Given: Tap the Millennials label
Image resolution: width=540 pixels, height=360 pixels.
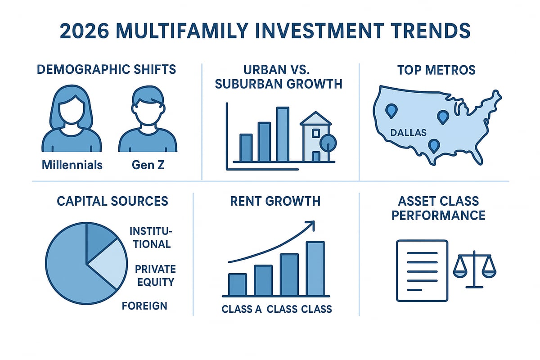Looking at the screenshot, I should click(x=72, y=165).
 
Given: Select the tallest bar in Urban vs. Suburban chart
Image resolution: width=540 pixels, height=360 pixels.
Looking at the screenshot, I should click(x=283, y=134).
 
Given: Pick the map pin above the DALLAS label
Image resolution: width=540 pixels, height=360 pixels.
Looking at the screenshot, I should click(x=392, y=110).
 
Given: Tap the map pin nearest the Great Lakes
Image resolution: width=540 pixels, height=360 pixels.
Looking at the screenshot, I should click(x=443, y=117).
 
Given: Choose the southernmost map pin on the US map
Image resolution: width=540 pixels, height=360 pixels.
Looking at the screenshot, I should click(x=434, y=146).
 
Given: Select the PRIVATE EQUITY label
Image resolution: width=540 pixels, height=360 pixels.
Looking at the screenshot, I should click(x=155, y=276).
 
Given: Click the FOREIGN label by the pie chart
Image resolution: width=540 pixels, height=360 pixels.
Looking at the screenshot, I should click(x=144, y=306).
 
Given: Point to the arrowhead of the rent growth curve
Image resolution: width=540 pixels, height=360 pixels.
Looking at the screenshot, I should click(x=310, y=223).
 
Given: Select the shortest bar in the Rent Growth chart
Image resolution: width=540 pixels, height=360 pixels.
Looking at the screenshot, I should click(x=237, y=284).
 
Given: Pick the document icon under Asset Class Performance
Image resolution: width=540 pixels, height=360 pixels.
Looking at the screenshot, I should click(x=422, y=270).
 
